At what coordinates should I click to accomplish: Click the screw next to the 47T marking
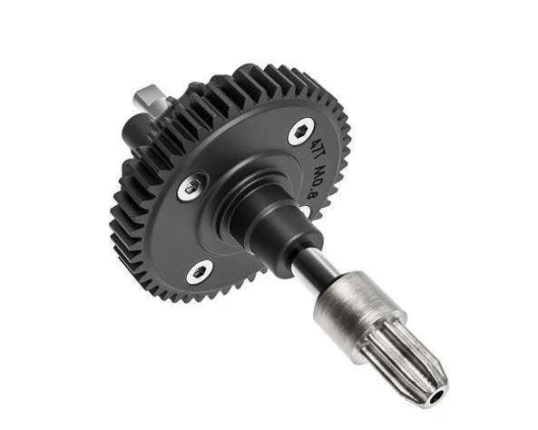click(301, 132)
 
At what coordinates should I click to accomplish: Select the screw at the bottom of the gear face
click(199, 271)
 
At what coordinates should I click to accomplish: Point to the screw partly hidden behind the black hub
click(304, 211)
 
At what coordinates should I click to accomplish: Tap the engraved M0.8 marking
click(314, 182)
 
